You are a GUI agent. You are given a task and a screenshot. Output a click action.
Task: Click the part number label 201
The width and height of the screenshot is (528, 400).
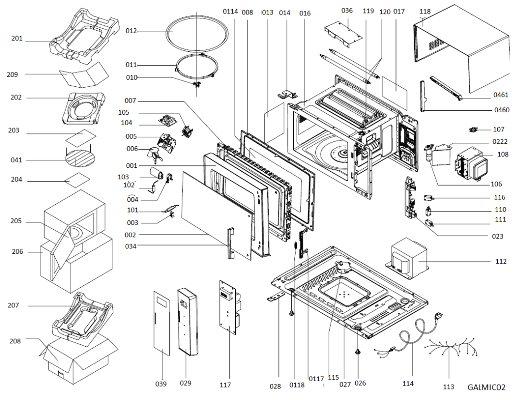17,38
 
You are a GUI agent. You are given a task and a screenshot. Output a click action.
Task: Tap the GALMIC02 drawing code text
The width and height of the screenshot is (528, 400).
486,387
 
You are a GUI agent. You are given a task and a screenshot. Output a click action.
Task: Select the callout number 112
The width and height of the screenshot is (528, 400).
501,261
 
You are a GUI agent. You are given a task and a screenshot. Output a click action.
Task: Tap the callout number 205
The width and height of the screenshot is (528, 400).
17,221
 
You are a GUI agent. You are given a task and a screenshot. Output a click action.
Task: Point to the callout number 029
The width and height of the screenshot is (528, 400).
185,383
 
